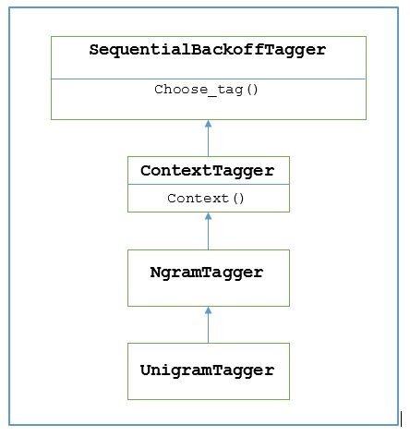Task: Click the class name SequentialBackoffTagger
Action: tap(208, 51)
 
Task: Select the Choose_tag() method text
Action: tap(208, 90)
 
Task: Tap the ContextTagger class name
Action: tap(208, 171)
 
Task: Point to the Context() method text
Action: tap(208, 198)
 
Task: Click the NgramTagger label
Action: tap(208, 273)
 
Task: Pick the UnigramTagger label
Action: tap(208, 370)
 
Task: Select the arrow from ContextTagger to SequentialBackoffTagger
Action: tap(208, 139)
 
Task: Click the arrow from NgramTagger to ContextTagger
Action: tap(208, 231)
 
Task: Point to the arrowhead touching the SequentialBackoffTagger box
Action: tap(208, 124)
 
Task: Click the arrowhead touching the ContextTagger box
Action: tap(208, 216)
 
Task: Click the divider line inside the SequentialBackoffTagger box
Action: tap(208, 79)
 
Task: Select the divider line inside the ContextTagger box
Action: tap(208, 185)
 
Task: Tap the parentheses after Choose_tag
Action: tap(252, 90)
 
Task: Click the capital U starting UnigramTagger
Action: tap(146, 370)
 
